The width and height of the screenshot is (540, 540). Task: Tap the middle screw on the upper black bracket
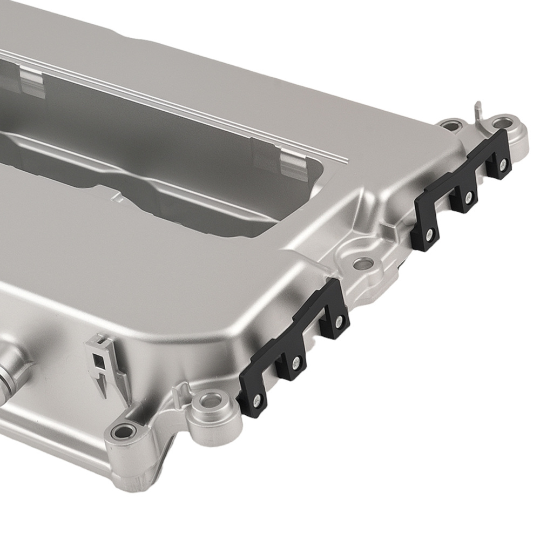(x=468, y=195)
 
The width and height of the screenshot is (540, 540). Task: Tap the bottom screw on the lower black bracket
(x=258, y=400)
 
